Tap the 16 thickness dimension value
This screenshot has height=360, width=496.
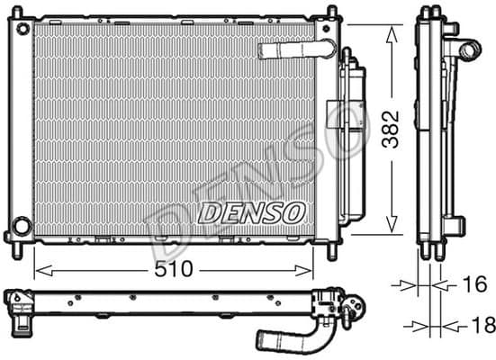tap(473, 285)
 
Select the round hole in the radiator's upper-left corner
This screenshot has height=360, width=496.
tap(21, 30)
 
